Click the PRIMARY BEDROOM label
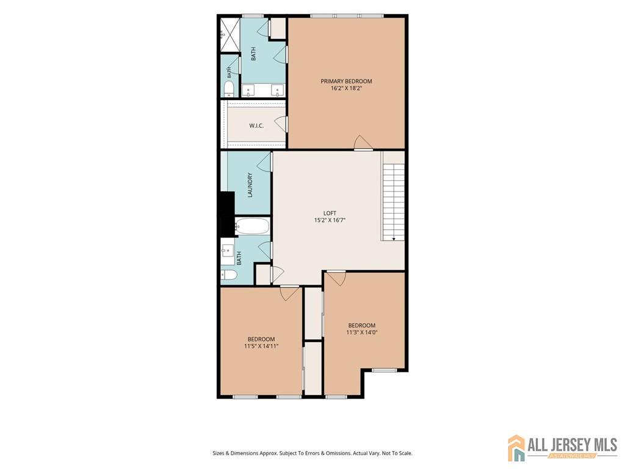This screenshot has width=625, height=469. pyautogui.click(x=346, y=81)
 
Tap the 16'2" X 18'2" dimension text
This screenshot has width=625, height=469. pyautogui.click(x=346, y=89)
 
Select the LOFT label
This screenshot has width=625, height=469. pyautogui.click(x=330, y=213)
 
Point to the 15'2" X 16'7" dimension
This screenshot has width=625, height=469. pyautogui.click(x=330, y=220)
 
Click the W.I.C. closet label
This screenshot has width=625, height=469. pyautogui.click(x=256, y=126)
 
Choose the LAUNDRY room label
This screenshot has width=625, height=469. pyautogui.click(x=250, y=185)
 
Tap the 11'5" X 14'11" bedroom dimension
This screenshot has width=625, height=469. pyautogui.click(x=261, y=346)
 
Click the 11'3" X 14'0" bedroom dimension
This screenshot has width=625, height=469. pyautogui.click(x=362, y=332)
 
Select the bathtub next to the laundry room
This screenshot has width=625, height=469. pyautogui.click(x=252, y=226)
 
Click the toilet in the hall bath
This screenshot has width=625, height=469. pyautogui.click(x=229, y=275)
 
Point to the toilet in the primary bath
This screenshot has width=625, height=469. pyautogui.click(x=228, y=89)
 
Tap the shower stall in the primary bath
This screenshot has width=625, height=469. pyautogui.click(x=229, y=35)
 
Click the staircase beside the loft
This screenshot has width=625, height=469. pyautogui.click(x=393, y=196)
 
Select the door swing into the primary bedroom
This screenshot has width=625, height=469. pyautogui.click(x=363, y=143)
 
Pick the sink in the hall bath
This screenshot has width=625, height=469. pyautogui.click(x=228, y=251)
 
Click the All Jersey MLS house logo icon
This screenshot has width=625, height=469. pyautogui.click(x=516, y=448)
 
